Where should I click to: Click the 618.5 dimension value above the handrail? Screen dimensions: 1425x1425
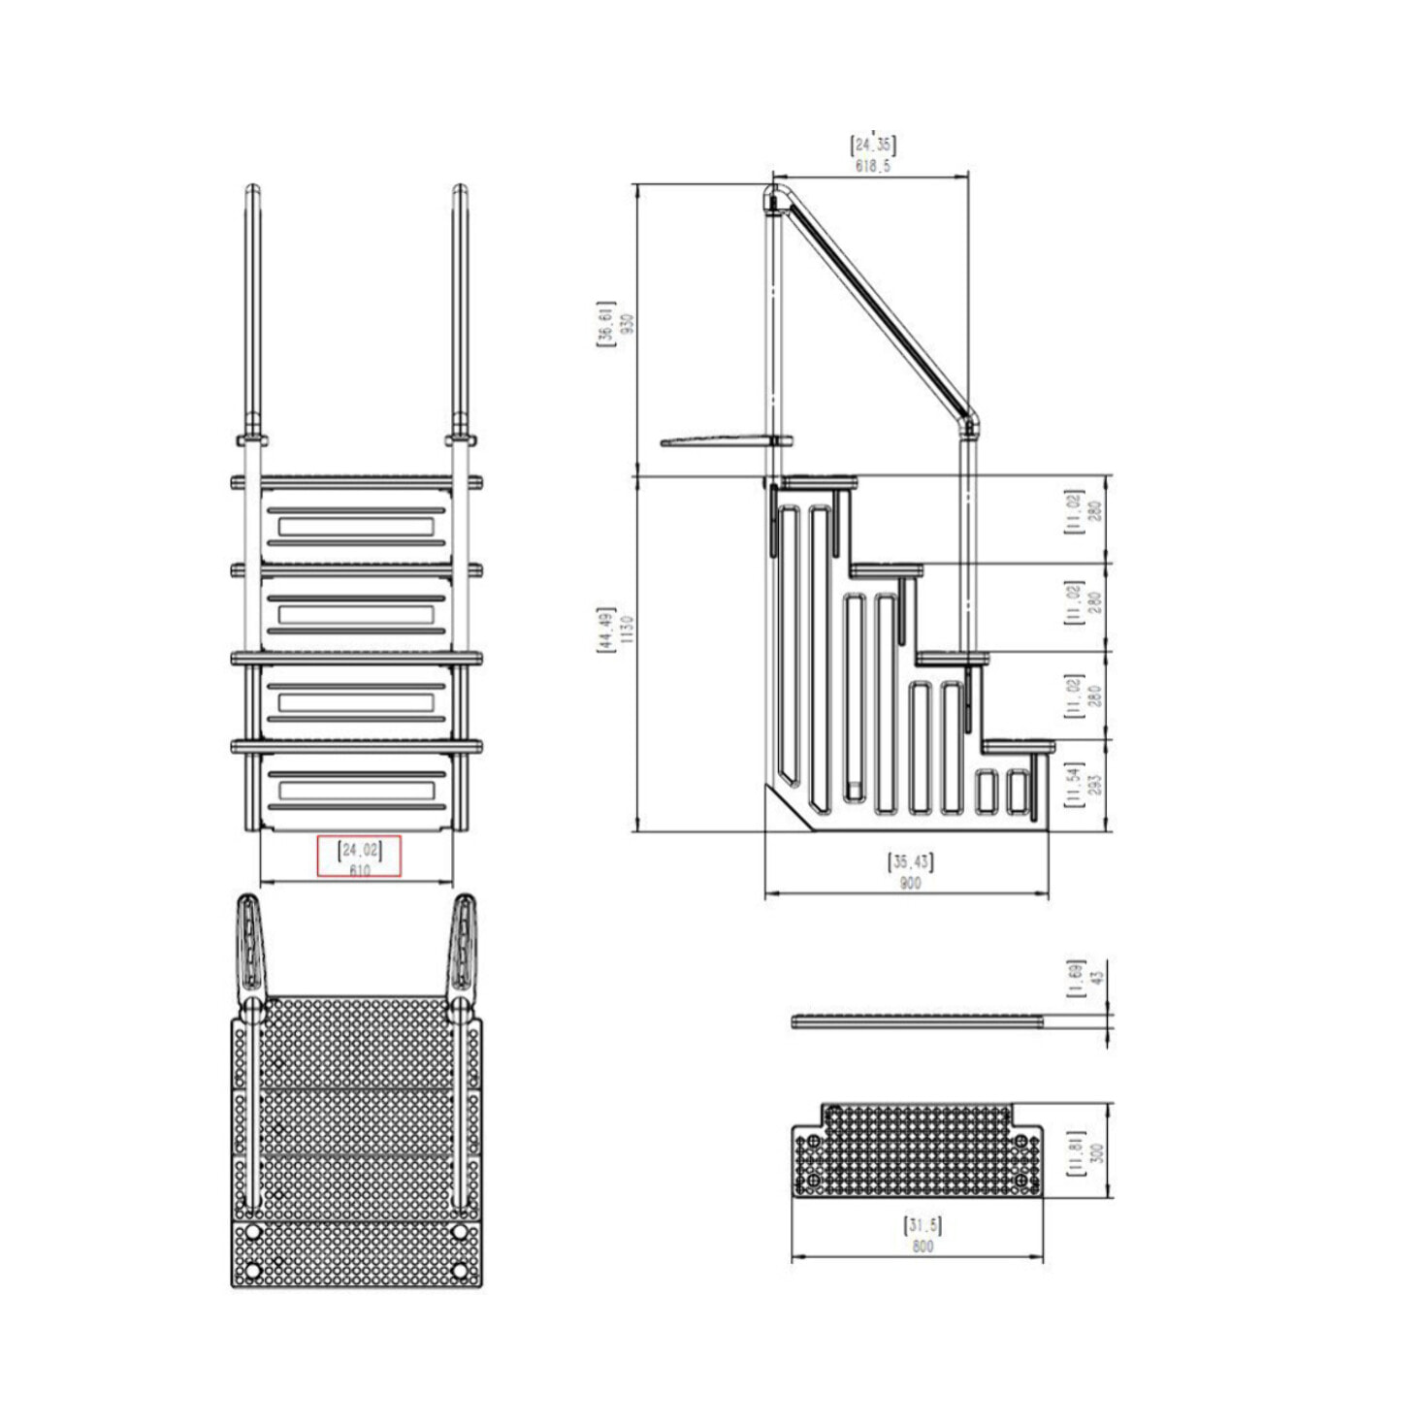coord(872,166)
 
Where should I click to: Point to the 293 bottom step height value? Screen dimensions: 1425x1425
coord(1094,785)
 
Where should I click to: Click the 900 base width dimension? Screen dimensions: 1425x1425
coord(910,883)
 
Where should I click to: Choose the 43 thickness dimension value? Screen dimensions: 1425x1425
coord(1097,980)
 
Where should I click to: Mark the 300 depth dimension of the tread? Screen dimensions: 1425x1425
coord(1097,1152)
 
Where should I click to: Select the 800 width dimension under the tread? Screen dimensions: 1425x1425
coord(922,1246)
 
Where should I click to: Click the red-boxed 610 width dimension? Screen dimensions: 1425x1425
coord(359,870)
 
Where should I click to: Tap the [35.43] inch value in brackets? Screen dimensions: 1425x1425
coord(910,861)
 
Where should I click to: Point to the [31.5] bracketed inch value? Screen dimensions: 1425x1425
coord(922,1224)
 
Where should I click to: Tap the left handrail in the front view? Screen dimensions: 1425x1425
coord(252,310)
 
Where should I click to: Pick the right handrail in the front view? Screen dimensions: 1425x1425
coord(461,310)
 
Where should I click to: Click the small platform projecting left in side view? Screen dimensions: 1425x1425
coord(718,442)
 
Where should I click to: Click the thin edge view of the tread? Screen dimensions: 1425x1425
coord(917,1020)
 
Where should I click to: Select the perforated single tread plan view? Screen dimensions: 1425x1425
coord(917,1151)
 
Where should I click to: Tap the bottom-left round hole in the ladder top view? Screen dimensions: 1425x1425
coord(253,1270)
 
